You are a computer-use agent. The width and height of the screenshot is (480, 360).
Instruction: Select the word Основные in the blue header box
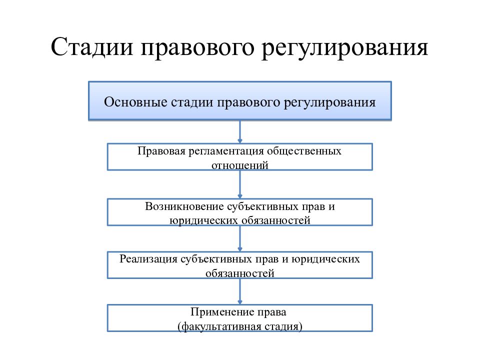point(135,102)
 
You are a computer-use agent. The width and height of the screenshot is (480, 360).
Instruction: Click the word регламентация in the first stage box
point(226,151)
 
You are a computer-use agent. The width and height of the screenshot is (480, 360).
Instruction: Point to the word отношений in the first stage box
point(239,165)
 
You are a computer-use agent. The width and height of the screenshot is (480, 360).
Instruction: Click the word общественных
point(304,151)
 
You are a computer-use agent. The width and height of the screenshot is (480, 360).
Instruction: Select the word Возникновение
point(184,206)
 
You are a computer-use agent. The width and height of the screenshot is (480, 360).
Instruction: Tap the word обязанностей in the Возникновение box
point(276,220)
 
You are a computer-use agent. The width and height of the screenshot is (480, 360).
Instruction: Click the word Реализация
point(148,259)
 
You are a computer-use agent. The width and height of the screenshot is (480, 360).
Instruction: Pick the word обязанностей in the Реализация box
point(239,273)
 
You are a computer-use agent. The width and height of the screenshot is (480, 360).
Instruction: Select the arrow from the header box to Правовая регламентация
point(240,132)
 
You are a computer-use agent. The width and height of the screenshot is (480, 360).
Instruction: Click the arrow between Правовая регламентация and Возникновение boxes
point(240,184)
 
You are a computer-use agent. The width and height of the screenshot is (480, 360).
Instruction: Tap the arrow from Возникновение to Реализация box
point(240,239)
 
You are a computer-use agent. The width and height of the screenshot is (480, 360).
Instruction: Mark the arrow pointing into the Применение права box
point(240,291)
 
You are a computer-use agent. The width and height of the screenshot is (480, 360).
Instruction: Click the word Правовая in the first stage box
point(161,151)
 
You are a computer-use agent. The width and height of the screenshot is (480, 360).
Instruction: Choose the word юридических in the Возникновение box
point(204,220)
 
